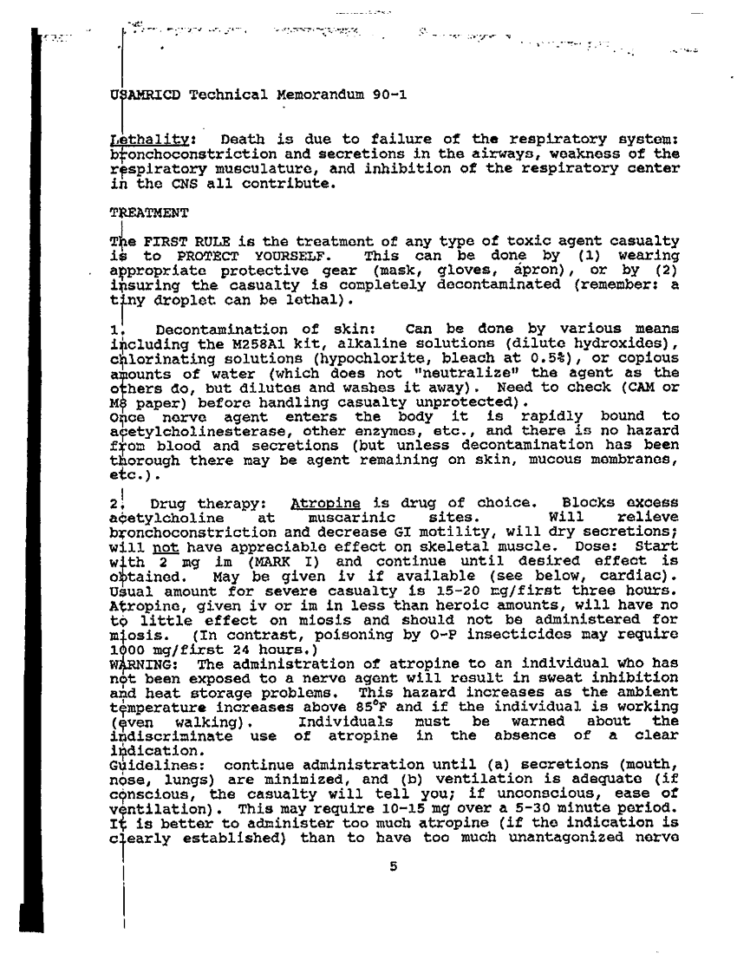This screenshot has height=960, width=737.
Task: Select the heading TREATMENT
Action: tap(141, 212)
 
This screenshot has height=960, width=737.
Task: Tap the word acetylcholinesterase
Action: tap(197, 431)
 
